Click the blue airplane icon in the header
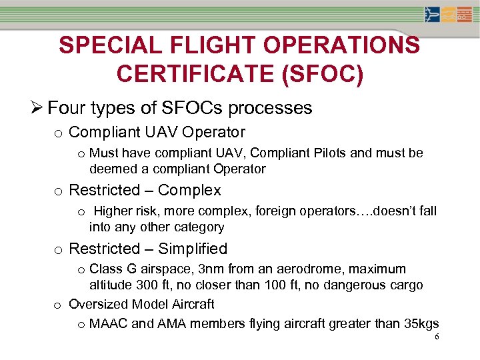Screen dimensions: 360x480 point(432,15)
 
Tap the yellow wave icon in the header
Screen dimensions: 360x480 point(448,15)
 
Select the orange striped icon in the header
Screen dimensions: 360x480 point(465,15)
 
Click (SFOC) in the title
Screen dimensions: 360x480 point(324,73)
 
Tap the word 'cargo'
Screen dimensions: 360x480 point(406,285)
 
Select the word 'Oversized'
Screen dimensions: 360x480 point(99,305)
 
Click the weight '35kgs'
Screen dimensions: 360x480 point(421,324)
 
